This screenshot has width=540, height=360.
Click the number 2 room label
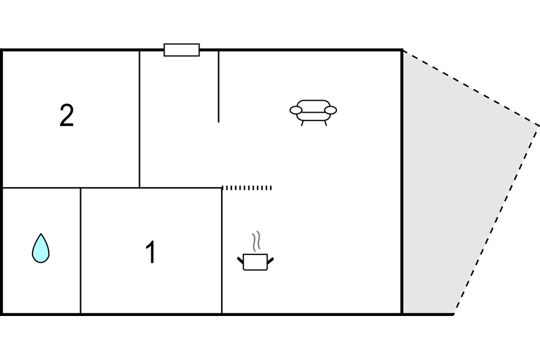tap(66, 115)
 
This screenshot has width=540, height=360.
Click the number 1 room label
tap(151, 252)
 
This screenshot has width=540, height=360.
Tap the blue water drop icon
tap(40, 248)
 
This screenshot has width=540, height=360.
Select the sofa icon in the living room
tap(313, 113)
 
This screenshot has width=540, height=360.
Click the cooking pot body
tap(255, 262)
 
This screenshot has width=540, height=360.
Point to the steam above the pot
tap(256, 241)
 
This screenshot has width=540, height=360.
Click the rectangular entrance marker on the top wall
tap(181, 50)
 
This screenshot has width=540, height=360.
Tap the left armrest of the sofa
tap(296, 110)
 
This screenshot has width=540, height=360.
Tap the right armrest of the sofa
tap(331, 110)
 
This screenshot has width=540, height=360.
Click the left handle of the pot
tap(240, 261)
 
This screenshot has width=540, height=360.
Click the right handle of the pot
tap(271, 261)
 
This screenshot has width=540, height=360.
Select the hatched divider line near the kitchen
tap(247, 188)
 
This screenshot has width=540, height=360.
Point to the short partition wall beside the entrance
tap(218, 86)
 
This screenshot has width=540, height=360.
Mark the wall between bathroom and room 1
tap(81, 251)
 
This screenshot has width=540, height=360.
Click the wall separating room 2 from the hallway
tap(139, 119)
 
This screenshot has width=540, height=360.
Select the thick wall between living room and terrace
tap(402, 182)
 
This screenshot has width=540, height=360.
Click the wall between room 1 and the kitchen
tap(222, 251)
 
